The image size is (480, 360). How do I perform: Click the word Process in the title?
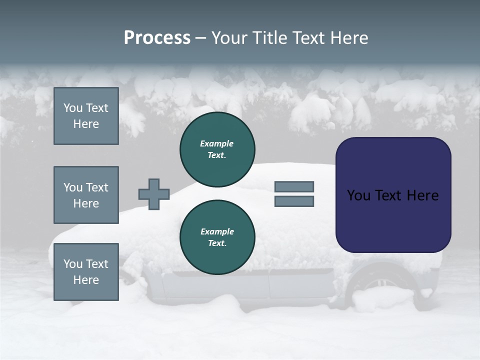pos(157,38)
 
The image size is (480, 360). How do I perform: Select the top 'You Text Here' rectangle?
pos(86,116)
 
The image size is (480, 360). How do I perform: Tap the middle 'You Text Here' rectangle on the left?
pos(86,195)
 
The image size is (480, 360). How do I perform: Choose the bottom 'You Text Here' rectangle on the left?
pos(86,271)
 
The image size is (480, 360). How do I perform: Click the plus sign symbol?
pos(154,194)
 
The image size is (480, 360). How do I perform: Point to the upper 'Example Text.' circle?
pos(217,149)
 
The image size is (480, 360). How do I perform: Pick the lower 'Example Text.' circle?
pos(217,237)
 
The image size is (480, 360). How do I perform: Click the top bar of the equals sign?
pos(294,186)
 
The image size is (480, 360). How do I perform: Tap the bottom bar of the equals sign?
pos(294,201)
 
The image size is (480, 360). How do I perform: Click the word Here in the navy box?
pos(422,195)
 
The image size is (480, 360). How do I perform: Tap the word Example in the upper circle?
pos(217,143)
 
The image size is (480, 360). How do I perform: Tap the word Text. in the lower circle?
pos(217,243)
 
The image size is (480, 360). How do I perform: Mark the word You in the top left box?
pos(73,108)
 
